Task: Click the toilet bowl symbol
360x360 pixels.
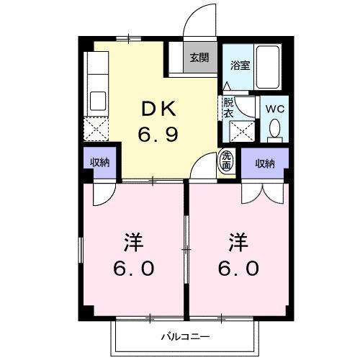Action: (274, 130)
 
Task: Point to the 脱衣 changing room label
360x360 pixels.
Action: (229, 107)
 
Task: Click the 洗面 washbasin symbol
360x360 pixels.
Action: (227, 161)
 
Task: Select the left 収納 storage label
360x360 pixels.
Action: (100, 162)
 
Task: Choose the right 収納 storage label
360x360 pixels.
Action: (265, 163)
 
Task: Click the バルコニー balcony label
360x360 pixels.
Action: (184, 336)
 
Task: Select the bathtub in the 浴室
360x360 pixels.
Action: (269, 66)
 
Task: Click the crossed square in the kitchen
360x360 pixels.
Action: (95, 130)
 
